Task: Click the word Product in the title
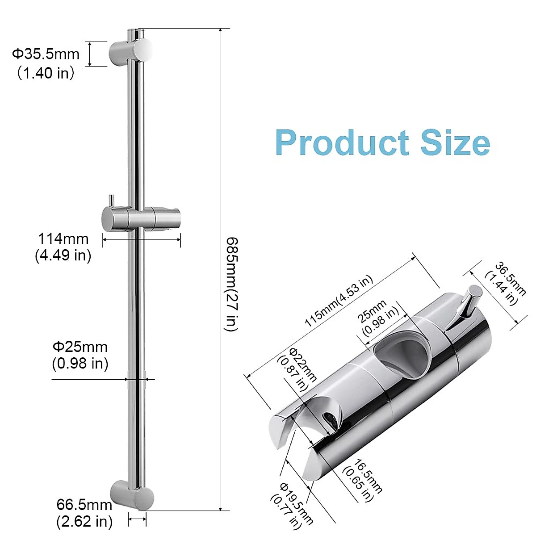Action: coord(342,143)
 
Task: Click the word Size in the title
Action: coord(456,143)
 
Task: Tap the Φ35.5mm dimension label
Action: coord(46,54)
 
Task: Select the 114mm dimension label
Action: coord(63,239)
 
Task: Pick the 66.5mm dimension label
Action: coord(84,505)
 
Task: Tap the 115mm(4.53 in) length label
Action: coord(338,301)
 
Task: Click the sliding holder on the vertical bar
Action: coord(140,218)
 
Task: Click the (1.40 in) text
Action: coord(46,72)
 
